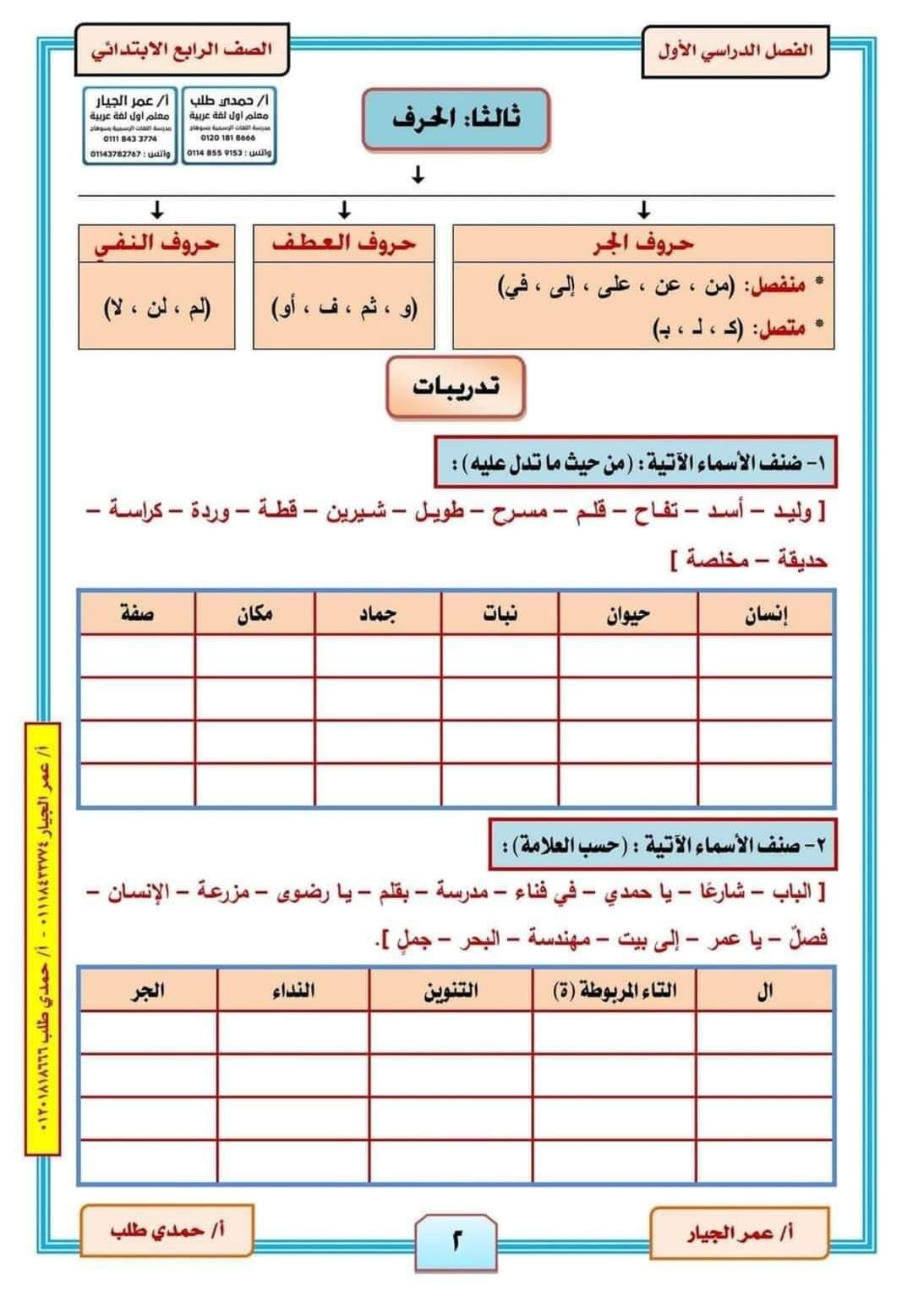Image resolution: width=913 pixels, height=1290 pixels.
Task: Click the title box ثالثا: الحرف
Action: click(456, 119)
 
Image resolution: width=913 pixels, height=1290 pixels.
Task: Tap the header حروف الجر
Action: click(643, 243)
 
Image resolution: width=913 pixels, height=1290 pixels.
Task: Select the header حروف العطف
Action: click(343, 243)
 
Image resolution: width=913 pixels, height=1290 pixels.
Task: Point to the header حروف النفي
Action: click(156, 243)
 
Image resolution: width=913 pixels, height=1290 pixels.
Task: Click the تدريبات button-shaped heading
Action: click(456, 387)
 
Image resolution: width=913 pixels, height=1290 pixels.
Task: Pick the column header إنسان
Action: click(765, 614)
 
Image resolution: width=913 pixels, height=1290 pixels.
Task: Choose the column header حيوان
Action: click(628, 614)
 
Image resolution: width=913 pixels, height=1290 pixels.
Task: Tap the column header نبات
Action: click(500, 614)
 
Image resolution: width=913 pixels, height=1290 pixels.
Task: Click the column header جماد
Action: click(377, 614)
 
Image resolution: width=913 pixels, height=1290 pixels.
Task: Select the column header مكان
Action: click(254, 614)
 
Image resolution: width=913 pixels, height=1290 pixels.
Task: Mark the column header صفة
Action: click(137, 614)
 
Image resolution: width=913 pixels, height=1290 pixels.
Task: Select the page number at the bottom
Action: click(456, 1243)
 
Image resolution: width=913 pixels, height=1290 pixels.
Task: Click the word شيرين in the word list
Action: click(357, 512)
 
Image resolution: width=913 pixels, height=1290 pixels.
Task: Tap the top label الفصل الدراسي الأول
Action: click(735, 51)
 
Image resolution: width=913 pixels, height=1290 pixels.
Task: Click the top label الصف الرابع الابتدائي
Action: click(182, 48)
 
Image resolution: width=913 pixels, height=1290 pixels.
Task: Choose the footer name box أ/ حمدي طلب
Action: click(167, 1230)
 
